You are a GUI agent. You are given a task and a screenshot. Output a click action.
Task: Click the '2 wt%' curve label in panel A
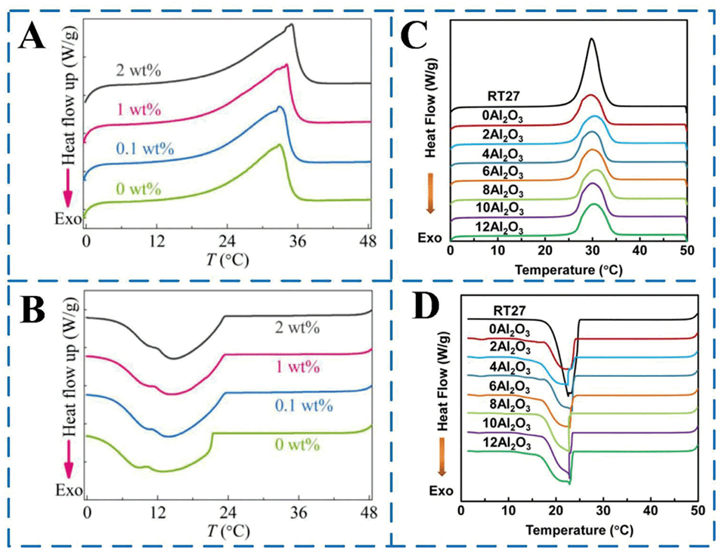pos(141,72)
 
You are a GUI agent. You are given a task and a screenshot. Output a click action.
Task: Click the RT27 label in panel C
pos(510,96)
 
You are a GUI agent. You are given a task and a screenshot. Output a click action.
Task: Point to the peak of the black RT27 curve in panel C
pos(591,39)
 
